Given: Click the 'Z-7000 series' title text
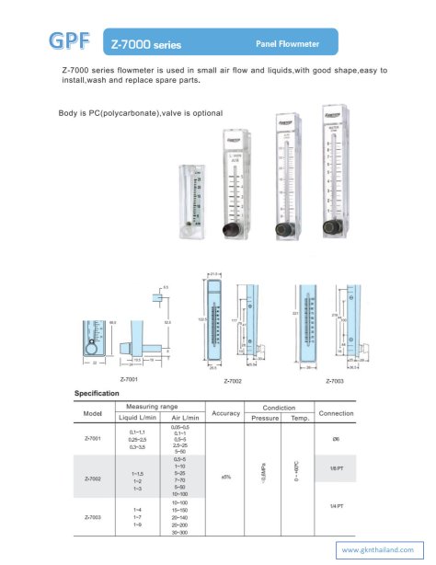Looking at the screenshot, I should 145,44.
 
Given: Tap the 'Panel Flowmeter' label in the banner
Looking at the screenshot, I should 287,43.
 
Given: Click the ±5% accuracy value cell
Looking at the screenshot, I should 226,476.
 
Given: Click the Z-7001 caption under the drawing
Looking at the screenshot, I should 129,378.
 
